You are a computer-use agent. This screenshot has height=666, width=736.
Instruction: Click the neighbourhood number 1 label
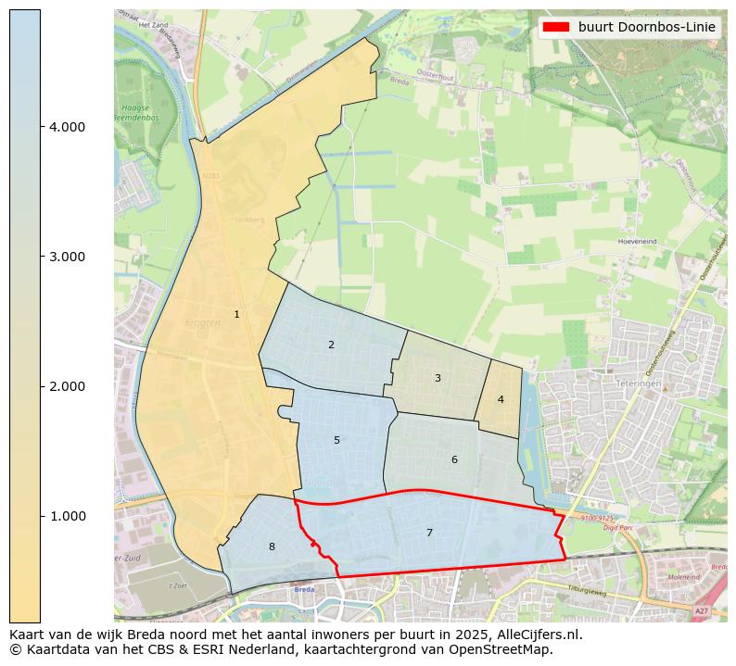pos(236,315)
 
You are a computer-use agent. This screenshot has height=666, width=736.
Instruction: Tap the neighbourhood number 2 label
pos(331,346)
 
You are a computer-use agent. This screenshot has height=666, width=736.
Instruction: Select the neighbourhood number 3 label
pos(438,378)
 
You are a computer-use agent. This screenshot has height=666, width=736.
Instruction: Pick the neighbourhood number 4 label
pos(501,400)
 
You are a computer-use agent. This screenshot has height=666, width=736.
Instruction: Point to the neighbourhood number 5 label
pos(337,441)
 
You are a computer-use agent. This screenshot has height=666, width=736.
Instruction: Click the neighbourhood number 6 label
pos(454,460)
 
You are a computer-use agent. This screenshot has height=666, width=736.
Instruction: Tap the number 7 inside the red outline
pos(429,533)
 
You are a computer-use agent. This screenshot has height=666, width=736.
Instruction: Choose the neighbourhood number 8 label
pos(272,547)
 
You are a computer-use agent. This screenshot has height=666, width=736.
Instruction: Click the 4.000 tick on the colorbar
pos(67,127)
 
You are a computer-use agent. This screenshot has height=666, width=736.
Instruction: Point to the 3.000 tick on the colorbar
pos(67,257)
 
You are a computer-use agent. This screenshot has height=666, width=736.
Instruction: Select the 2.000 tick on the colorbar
pos(67,386)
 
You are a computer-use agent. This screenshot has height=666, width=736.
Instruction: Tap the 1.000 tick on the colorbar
pos(67,516)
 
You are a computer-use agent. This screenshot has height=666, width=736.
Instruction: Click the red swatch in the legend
pos(555,28)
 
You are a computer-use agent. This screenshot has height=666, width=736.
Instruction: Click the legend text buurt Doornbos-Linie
pos(646,28)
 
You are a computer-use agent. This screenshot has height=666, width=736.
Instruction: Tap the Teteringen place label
pos(637,383)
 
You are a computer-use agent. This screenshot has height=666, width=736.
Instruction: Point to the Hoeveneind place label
pos(637,241)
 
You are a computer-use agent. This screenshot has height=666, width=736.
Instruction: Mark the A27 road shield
pos(702,611)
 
